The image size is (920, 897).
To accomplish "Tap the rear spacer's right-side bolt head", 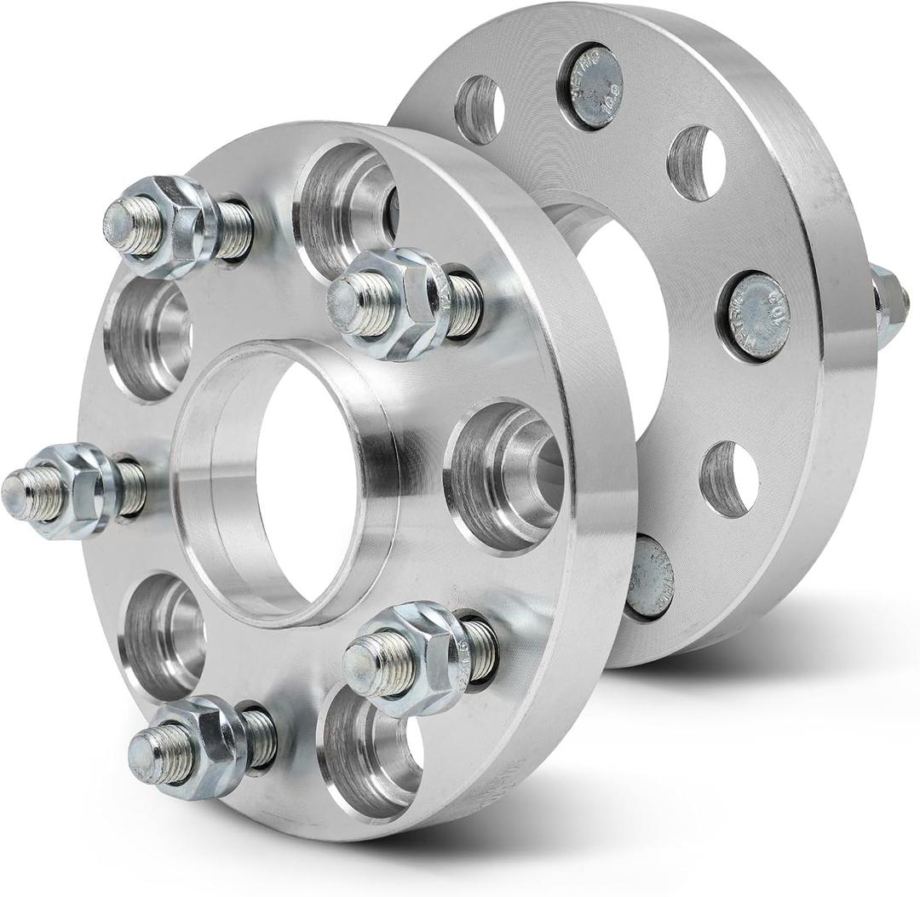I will [754, 316].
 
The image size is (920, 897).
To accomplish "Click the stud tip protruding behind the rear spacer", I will [890, 298].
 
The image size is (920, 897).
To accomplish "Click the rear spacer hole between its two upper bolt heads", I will [698, 164].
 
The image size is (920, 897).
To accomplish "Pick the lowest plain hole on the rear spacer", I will [729, 479].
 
